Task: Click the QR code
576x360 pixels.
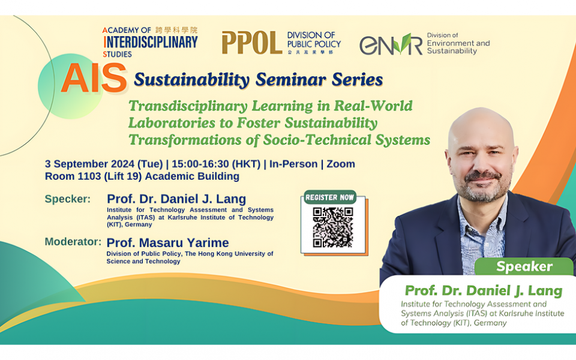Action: click(x=332, y=227)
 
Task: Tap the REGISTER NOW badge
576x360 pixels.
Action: click(x=330, y=197)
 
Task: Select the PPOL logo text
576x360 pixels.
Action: click(x=251, y=43)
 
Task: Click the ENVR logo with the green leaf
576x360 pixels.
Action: click(x=391, y=44)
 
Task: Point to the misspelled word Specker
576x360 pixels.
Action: click(x=68, y=199)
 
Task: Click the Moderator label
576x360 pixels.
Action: click(x=73, y=242)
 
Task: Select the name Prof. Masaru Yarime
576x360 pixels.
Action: click(x=167, y=243)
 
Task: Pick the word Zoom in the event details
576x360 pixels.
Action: click(x=341, y=164)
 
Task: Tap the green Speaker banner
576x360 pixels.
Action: click(x=524, y=266)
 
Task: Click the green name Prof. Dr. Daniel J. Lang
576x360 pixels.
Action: click(x=483, y=291)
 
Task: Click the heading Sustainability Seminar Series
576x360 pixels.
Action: click(x=258, y=79)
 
